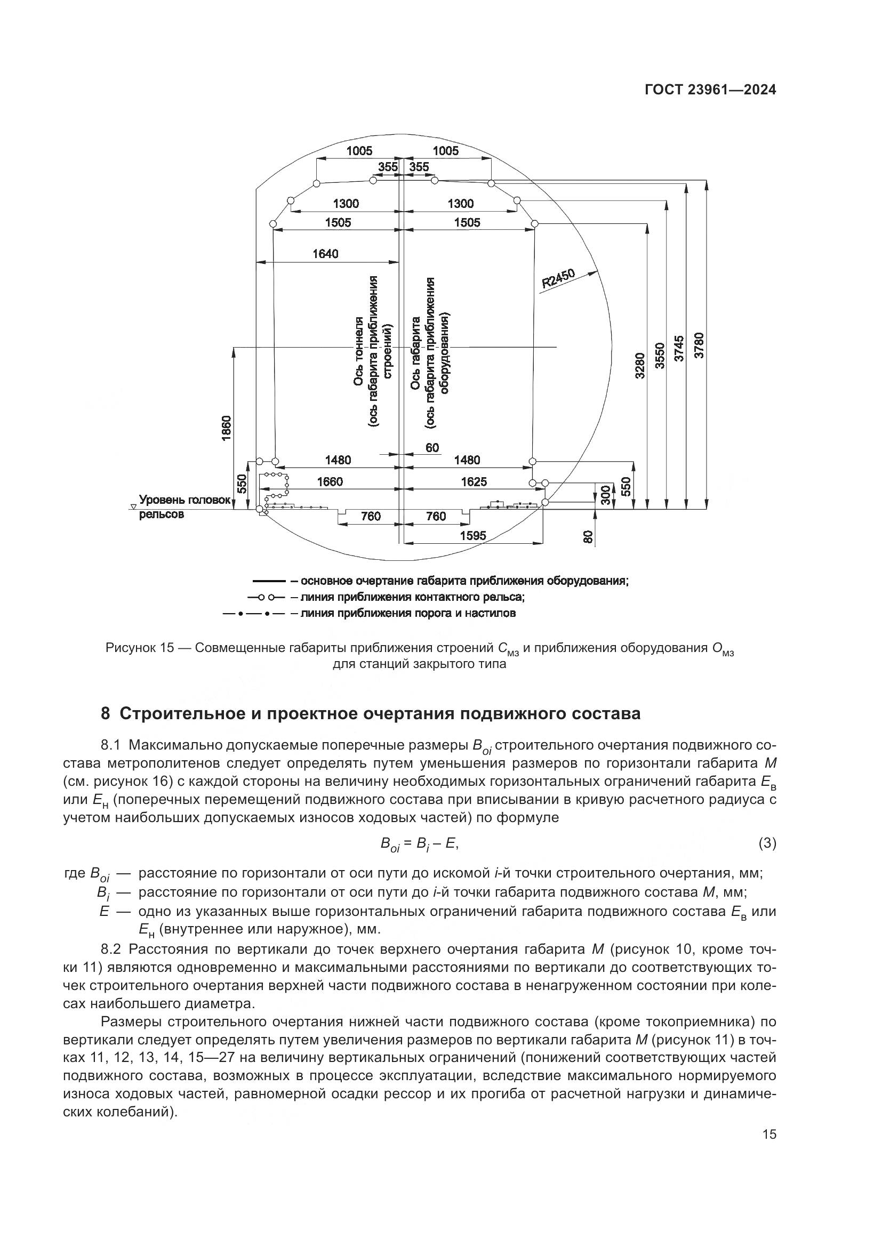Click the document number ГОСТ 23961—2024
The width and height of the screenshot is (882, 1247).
coord(710,91)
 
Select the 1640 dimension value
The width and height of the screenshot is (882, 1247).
coord(325,254)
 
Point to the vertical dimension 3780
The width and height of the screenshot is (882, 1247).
coord(700,345)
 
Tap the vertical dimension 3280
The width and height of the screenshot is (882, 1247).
coord(639,366)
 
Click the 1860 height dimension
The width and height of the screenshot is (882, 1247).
coord(227,428)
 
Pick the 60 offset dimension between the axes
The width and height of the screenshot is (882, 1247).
coord(432,447)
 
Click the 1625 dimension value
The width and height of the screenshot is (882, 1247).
coord(474,482)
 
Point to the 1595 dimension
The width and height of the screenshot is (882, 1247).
coord(473,535)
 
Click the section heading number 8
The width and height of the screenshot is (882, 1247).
coord(106,714)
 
